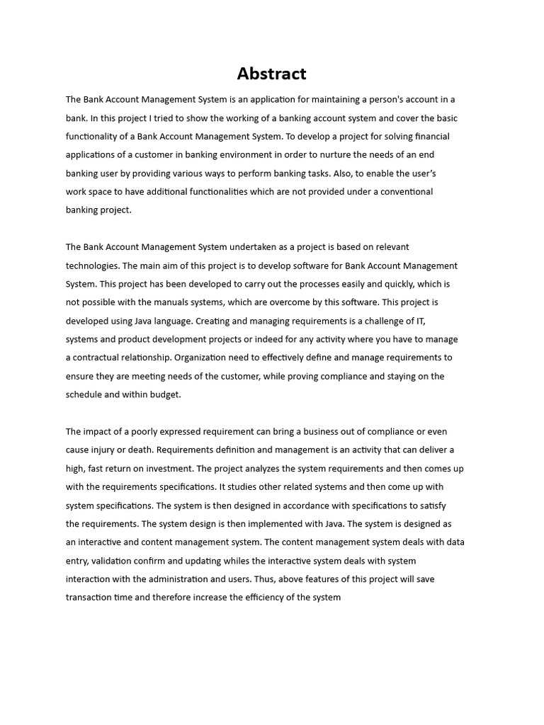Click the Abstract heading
tap(271, 74)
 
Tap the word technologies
tap(93, 266)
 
